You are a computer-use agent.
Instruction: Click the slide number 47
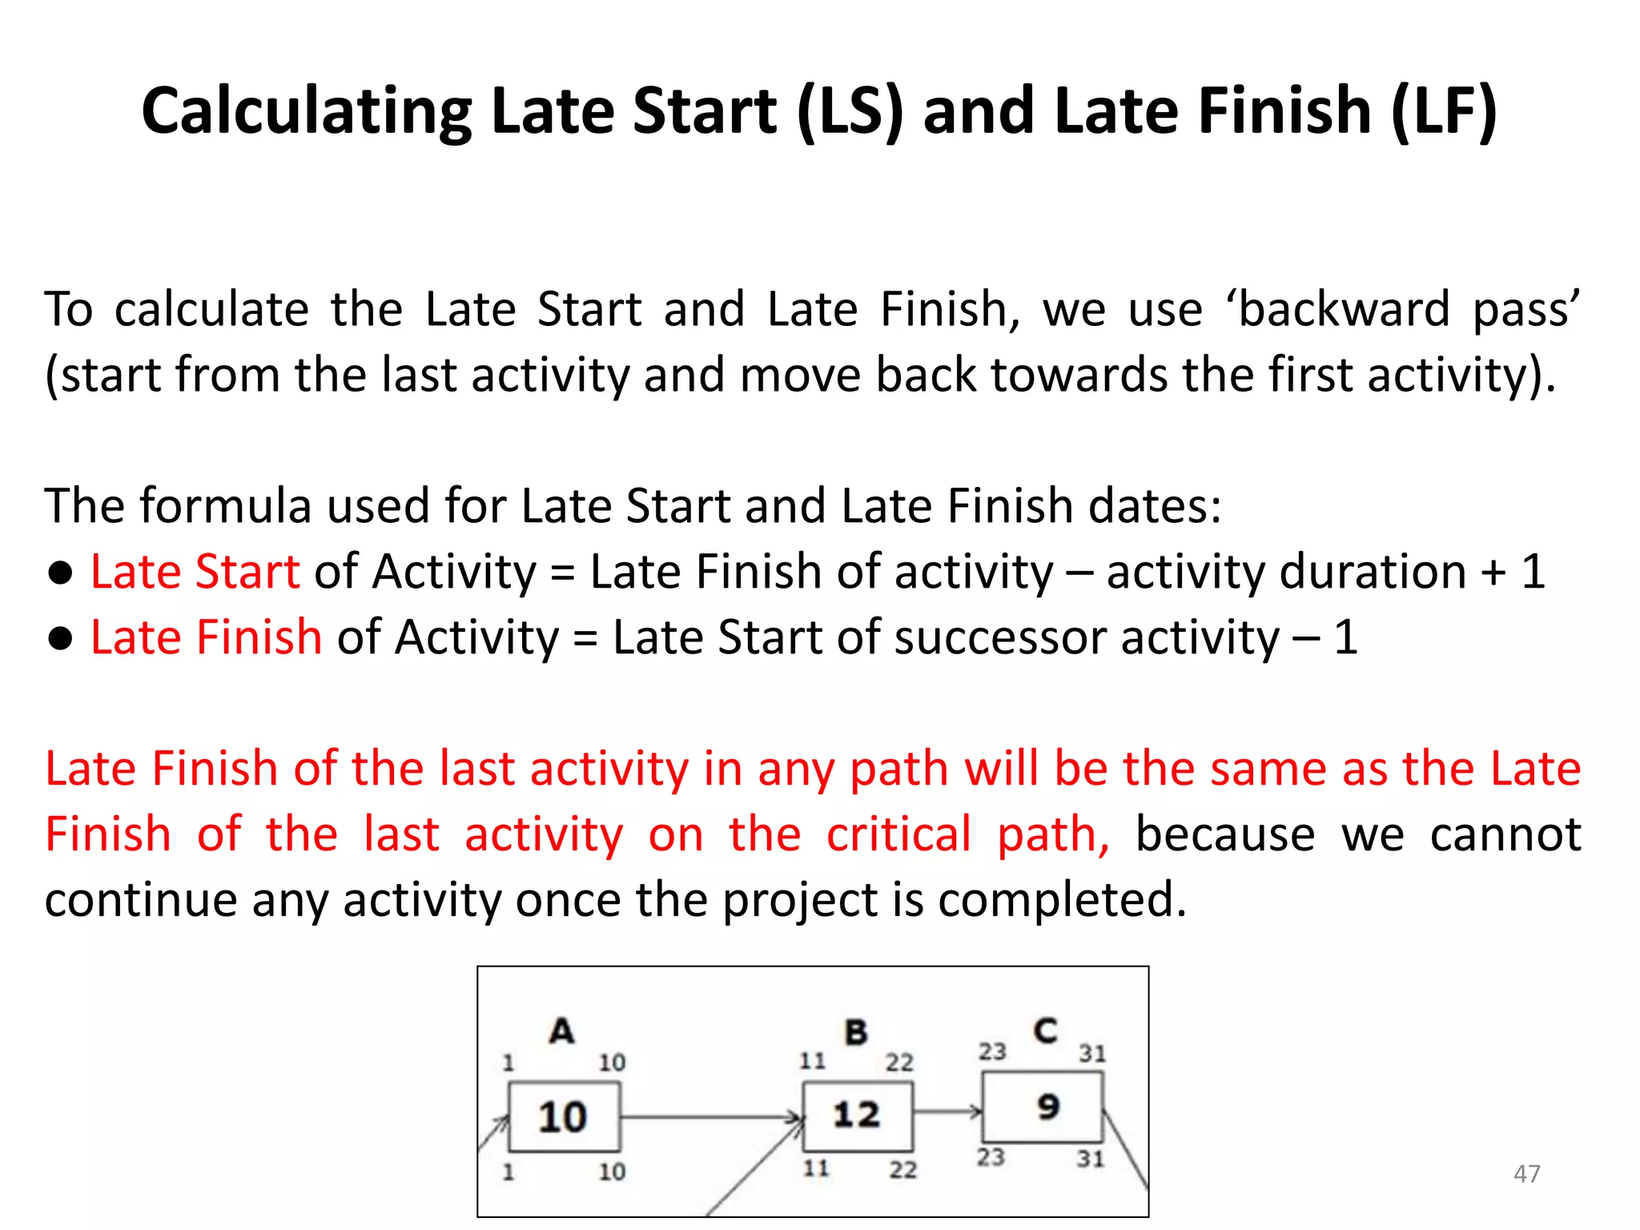point(1526,1174)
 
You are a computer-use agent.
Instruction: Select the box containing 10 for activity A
point(564,1116)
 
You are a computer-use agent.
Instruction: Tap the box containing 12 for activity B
point(857,1115)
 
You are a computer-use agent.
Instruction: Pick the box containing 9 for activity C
point(1043,1107)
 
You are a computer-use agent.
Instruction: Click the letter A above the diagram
point(561,1031)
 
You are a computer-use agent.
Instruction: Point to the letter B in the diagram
point(856,1032)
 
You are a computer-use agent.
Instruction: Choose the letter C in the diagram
point(1045,1030)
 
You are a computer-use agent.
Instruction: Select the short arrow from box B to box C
point(947,1111)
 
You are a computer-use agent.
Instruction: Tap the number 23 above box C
point(992,1051)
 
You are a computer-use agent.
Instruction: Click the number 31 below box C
point(1090,1159)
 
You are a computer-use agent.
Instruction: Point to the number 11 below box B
point(816,1168)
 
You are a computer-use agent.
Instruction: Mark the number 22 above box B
point(899,1063)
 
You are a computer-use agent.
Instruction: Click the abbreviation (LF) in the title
point(1444,111)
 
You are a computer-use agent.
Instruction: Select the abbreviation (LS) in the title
point(850,111)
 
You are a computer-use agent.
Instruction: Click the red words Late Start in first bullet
point(195,572)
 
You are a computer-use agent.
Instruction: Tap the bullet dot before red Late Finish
point(61,638)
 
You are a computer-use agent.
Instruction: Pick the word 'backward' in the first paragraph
point(1345,309)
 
